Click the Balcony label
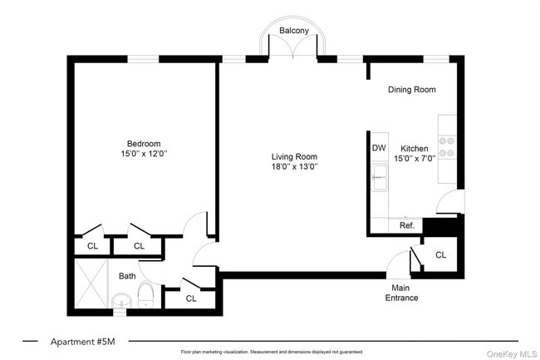click(294, 30)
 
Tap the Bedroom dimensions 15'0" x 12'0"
click(144, 153)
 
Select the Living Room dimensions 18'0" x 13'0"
click(294, 167)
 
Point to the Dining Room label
click(412, 90)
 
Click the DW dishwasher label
click(379, 148)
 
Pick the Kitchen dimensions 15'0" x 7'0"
click(415, 159)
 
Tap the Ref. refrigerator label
click(407, 225)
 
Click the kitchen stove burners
click(447, 147)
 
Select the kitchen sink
click(380, 177)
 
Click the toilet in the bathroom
click(146, 294)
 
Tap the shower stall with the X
click(91, 284)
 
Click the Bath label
click(127, 276)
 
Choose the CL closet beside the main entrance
click(441, 255)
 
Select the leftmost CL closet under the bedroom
click(92, 246)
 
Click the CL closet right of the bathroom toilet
click(191, 298)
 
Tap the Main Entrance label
click(401, 293)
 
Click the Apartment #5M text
click(82, 342)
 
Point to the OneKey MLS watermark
click(512, 354)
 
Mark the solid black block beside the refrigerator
click(440, 227)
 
